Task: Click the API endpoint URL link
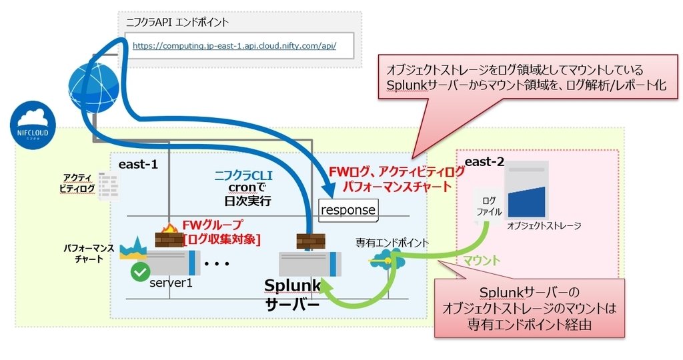tap(234, 46)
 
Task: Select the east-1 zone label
tap(138, 164)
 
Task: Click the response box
tap(348, 210)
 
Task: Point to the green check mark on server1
tap(139, 271)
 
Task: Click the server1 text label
tap(170, 282)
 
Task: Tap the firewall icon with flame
tap(167, 237)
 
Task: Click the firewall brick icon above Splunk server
tap(311, 241)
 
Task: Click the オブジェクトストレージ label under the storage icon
tap(544, 226)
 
